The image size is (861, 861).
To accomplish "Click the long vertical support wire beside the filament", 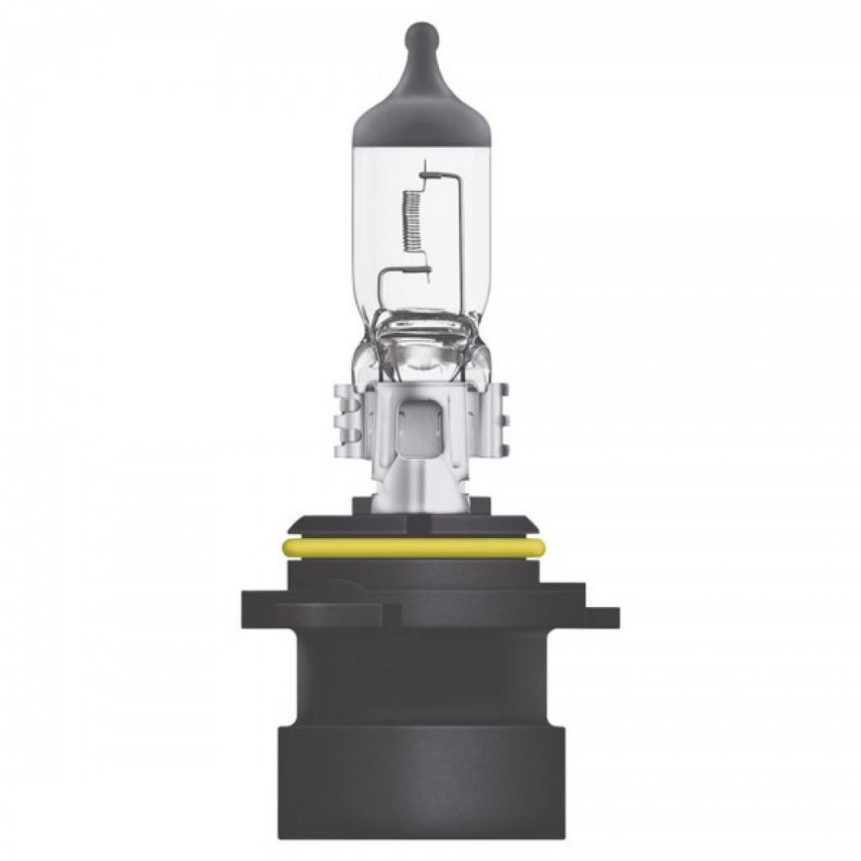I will pyautogui.click(x=460, y=244).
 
